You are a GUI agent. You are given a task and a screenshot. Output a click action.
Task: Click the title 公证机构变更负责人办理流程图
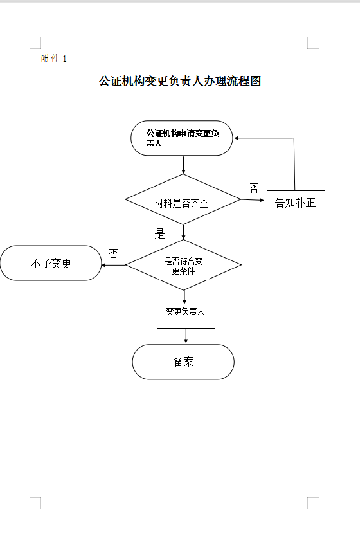[180, 82]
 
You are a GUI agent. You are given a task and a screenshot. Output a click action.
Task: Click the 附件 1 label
[54, 59]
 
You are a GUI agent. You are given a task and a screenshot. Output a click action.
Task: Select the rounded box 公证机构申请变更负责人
[183, 138]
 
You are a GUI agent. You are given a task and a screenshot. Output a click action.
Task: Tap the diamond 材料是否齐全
[183, 203]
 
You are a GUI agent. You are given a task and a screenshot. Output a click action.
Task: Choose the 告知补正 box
[296, 203]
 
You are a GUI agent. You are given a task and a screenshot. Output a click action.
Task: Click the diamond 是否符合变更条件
[183, 265]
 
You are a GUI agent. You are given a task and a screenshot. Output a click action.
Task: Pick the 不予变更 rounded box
[51, 263]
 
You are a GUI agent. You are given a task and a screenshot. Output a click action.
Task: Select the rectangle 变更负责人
[186, 315]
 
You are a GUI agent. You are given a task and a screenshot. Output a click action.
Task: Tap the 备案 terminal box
[183, 361]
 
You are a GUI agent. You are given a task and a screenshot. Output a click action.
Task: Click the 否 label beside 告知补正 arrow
[254, 188]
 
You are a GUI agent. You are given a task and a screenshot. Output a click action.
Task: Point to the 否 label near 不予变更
[114, 253]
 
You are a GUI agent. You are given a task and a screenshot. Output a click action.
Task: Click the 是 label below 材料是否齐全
[159, 233]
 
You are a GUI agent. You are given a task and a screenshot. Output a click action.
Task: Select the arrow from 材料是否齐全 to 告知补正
[253, 200]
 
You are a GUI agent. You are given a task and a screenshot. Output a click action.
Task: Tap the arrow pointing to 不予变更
[114, 264]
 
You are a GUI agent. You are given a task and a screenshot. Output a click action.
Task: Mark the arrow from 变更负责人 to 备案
[186, 336]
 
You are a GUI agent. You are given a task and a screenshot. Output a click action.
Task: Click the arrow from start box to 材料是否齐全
[183, 165]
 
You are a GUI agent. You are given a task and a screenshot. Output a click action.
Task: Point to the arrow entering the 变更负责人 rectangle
[184, 297]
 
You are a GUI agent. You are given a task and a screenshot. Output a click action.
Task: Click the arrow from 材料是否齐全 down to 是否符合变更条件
[183, 232]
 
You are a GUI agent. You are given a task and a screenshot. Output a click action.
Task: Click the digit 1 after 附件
[64, 59]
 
